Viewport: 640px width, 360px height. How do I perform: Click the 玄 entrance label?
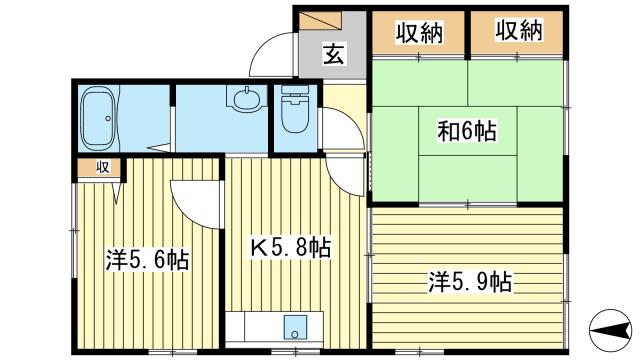coord(333,55)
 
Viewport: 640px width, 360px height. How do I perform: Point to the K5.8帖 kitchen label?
coord(291,246)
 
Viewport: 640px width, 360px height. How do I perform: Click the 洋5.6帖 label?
coord(149,260)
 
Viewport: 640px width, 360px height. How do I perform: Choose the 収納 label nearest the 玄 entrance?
coord(418,32)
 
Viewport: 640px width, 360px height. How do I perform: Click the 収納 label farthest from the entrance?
coord(518,32)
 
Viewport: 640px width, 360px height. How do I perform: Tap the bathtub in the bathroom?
coord(99,117)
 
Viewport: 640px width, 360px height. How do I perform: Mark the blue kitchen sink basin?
coord(296,327)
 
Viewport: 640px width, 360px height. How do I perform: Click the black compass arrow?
coord(610,327)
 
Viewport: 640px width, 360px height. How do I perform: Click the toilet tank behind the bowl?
coord(295,93)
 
